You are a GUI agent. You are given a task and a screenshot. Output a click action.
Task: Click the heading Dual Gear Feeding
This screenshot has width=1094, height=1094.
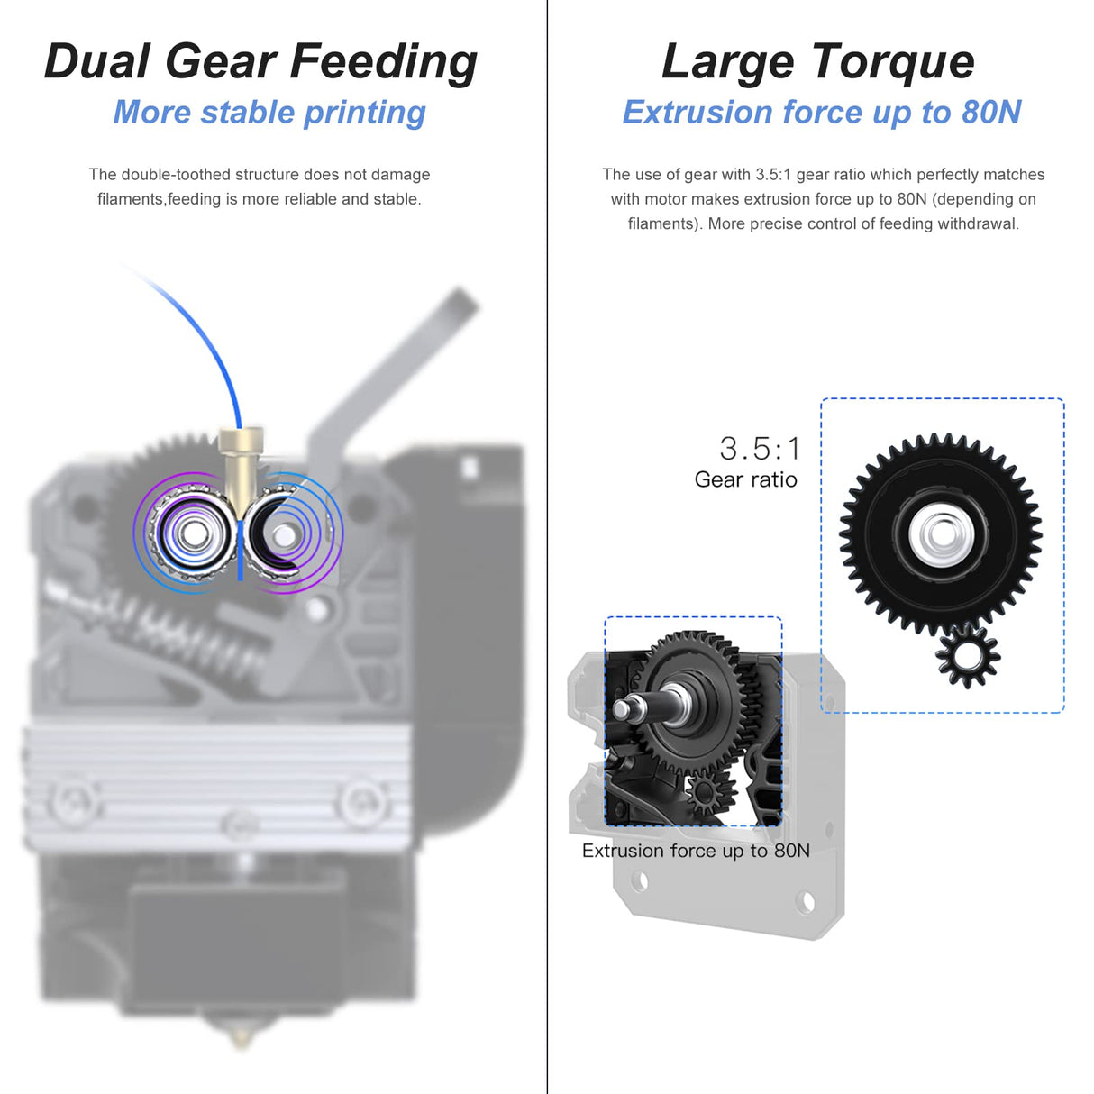(260, 61)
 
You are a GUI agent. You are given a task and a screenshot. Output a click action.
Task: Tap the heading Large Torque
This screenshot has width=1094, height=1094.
(818, 61)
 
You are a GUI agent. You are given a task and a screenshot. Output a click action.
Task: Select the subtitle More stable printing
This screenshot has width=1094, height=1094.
(269, 113)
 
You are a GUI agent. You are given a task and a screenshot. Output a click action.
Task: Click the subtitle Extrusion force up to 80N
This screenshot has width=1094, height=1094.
(822, 113)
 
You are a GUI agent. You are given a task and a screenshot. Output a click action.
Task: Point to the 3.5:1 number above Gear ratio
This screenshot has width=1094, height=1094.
(760, 448)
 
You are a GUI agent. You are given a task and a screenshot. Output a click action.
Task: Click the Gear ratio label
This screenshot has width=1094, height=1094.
(745, 479)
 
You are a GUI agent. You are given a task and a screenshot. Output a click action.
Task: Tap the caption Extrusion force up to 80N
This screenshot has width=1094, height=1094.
(696, 851)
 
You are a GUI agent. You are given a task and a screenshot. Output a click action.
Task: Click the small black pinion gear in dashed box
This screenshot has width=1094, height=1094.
(968, 655)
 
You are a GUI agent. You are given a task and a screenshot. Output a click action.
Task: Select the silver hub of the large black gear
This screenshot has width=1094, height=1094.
(941, 534)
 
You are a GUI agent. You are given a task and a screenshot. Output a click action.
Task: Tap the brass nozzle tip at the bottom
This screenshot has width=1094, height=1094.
(242, 1036)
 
